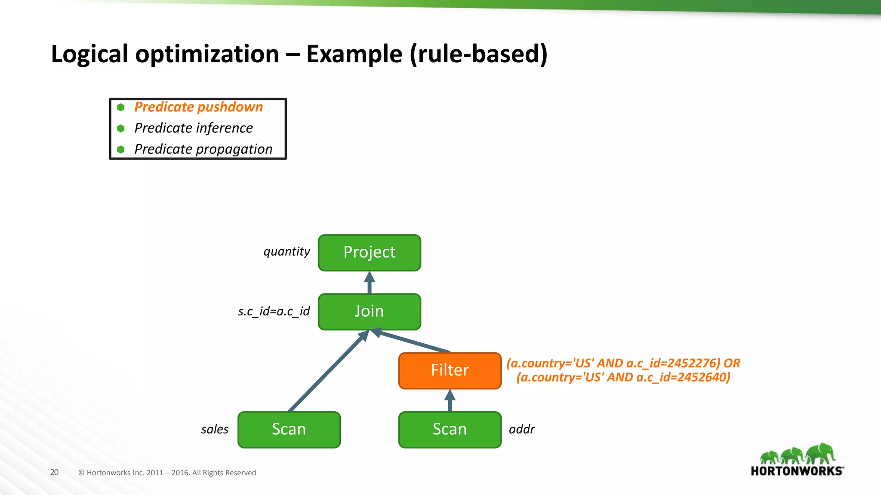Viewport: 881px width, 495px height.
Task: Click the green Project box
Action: (369, 253)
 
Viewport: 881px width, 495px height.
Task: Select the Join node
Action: (369, 312)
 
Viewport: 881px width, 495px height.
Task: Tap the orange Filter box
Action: (450, 370)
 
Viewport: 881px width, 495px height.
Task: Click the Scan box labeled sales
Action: (289, 429)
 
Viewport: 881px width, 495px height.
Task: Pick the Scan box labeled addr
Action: (450, 429)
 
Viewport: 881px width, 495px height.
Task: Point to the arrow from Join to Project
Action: (369, 283)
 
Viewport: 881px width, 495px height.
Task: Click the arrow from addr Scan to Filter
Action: (450, 400)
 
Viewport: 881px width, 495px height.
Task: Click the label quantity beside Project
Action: (286, 251)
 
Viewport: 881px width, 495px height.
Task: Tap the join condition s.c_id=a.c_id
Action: (274, 311)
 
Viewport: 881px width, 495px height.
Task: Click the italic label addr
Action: (521, 429)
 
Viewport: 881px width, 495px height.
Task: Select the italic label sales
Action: (215, 429)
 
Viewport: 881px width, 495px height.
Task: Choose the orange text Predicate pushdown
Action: (198, 107)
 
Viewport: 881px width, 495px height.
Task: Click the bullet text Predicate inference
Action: (193, 128)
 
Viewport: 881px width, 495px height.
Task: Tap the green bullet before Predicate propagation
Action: (121, 150)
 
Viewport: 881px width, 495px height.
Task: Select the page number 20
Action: (54, 472)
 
